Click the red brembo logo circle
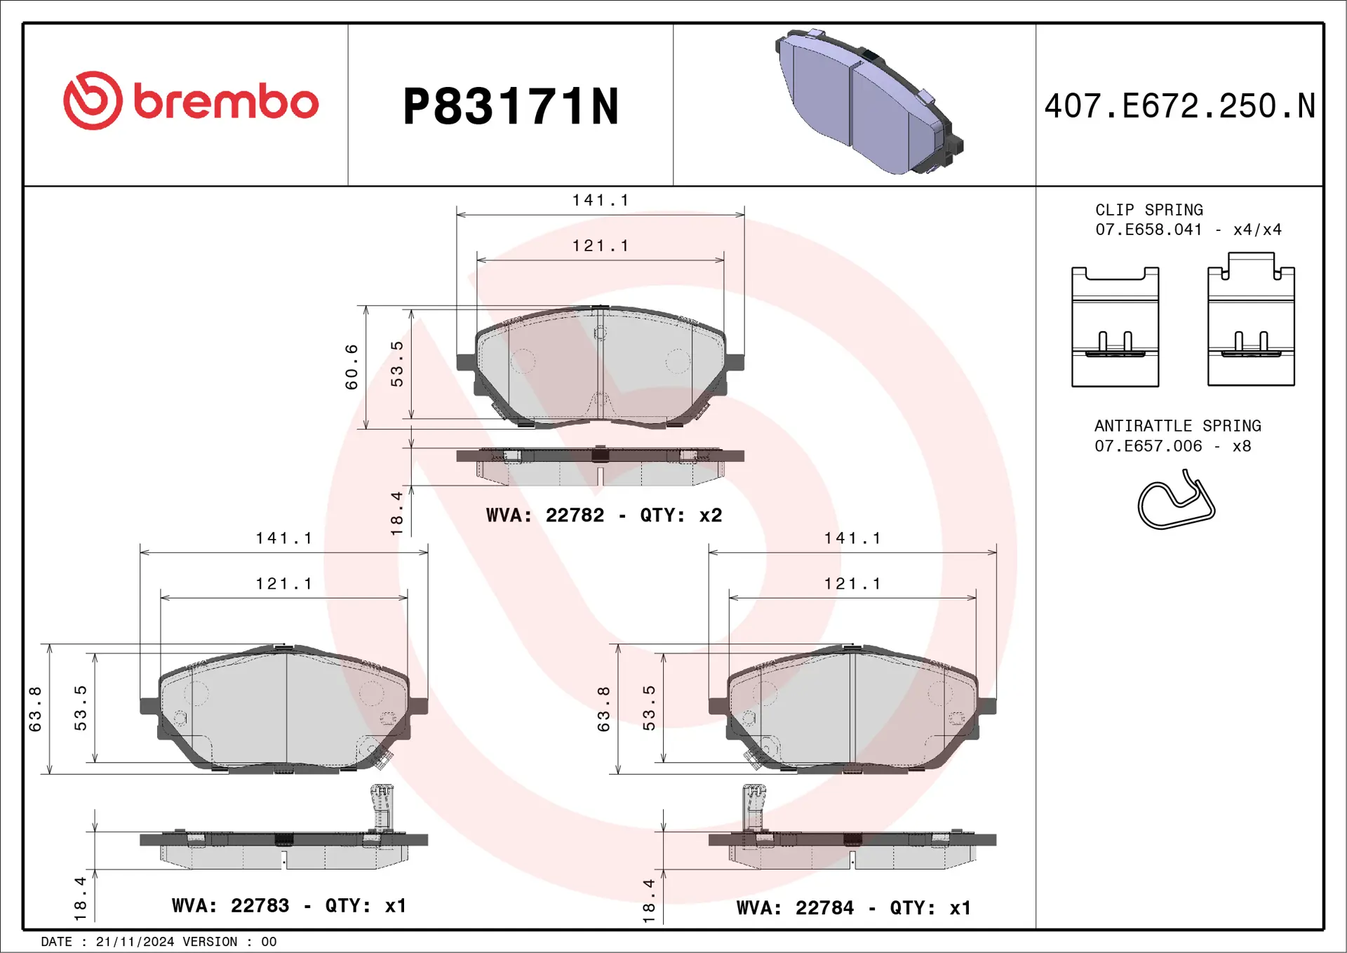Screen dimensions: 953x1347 (x=93, y=100)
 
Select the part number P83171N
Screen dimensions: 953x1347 (x=511, y=107)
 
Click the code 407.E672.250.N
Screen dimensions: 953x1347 (x=1179, y=107)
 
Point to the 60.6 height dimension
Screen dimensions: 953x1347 (x=351, y=367)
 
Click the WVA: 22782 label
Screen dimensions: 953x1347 (x=544, y=515)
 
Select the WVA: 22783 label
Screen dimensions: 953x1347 (x=230, y=905)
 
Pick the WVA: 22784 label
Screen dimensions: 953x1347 (x=795, y=907)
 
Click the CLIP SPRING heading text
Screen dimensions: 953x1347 (x=1148, y=210)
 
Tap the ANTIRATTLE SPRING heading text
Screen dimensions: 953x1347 (x=1177, y=426)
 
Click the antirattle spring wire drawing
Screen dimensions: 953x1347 (x=1176, y=501)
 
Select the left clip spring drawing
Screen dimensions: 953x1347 (x=1115, y=327)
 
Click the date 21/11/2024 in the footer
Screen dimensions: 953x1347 (x=135, y=942)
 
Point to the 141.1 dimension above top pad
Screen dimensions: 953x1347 (x=601, y=201)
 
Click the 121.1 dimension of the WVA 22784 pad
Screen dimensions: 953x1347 (x=852, y=584)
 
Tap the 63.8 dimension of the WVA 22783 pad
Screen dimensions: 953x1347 (x=36, y=709)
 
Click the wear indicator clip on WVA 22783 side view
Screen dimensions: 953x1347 (x=381, y=807)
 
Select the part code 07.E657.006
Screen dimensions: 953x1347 (x=1148, y=446)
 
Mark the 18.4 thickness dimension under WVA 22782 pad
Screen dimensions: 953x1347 (x=397, y=513)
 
